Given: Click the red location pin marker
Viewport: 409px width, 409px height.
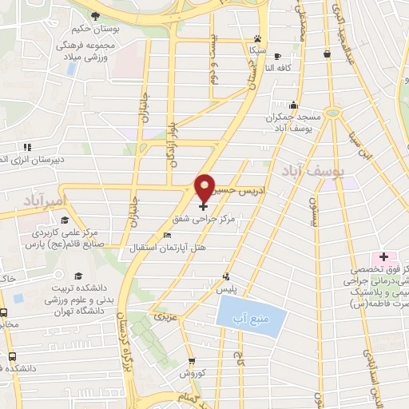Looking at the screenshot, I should pos(205,185).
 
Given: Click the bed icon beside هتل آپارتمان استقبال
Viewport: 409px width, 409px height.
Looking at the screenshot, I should pos(166,235).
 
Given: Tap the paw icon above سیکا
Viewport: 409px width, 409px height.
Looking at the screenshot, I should pos(256,38).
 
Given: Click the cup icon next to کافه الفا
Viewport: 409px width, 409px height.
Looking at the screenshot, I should pos(277,56).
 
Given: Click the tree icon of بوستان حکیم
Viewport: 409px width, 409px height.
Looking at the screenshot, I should pos(95,15).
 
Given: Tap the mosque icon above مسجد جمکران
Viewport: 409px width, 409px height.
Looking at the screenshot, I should pos(293,105).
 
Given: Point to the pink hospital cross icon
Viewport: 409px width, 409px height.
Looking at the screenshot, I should pos(383,257).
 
